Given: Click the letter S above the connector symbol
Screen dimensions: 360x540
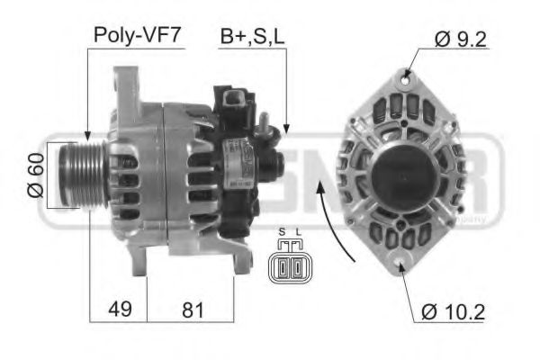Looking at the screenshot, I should pyautogui.click(x=282, y=232).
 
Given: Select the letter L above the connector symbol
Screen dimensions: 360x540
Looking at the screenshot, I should pyautogui.click(x=297, y=232).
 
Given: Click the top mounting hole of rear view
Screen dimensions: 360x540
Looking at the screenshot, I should pyautogui.click(x=406, y=80).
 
